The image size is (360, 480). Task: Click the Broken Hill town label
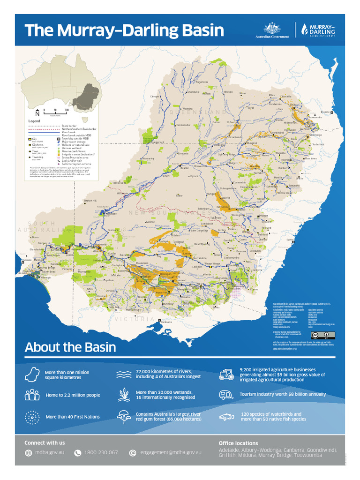pos(90,201)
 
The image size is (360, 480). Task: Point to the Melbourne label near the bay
pos(166,322)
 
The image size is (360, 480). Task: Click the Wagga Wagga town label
pos(211,264)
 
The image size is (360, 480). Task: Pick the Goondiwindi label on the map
pos(278,132)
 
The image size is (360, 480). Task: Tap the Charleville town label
pos(194,92)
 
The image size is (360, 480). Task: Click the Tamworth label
pos(294,186)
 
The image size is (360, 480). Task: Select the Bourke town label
pos(184,167)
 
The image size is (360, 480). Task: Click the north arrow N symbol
pos(37,113)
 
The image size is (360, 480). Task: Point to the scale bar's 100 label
pos(67,110)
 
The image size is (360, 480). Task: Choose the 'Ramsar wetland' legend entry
pos(75,148)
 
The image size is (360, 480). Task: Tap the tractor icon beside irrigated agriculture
pos(226,374)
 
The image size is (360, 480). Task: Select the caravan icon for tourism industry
pos(226,395)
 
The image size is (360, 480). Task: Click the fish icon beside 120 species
pos(226,417)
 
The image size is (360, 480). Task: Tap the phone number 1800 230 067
pos(101,452)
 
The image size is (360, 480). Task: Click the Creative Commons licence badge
pos(322,335)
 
